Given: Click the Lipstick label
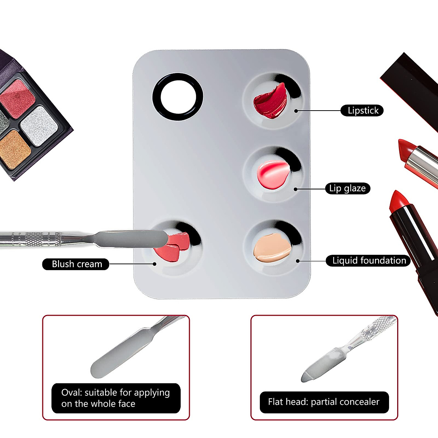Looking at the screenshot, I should coord(362,111).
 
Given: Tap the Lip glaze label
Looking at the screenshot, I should coord(347,188).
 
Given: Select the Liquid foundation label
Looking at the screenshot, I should coord(368,261).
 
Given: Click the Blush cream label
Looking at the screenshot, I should coord(76,264).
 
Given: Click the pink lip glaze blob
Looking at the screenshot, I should coord(272,174).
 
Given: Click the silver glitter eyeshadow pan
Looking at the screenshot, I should coord(39,126).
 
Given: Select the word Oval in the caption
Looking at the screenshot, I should coord(72,393).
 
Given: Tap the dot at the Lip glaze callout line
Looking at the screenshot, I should coord(295,189).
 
